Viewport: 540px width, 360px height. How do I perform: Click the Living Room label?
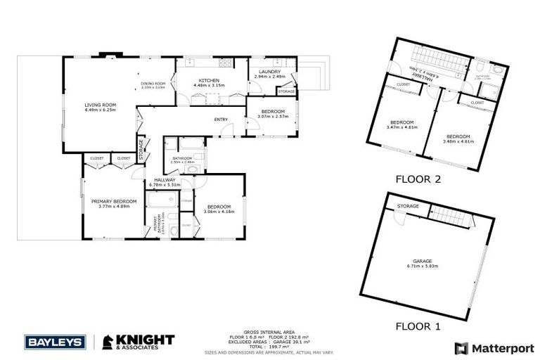tap(100, 105)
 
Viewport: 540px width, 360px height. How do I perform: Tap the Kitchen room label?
tap(210, 81)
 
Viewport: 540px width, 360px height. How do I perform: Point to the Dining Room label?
tap(153, 84)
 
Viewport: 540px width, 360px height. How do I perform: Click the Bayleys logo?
tap(55, 342)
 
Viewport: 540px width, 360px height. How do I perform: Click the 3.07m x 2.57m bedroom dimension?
tap(273, 117)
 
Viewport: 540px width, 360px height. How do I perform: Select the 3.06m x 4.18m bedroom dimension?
tap(219, 211)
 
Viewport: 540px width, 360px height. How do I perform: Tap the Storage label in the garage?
tap(408, 206)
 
